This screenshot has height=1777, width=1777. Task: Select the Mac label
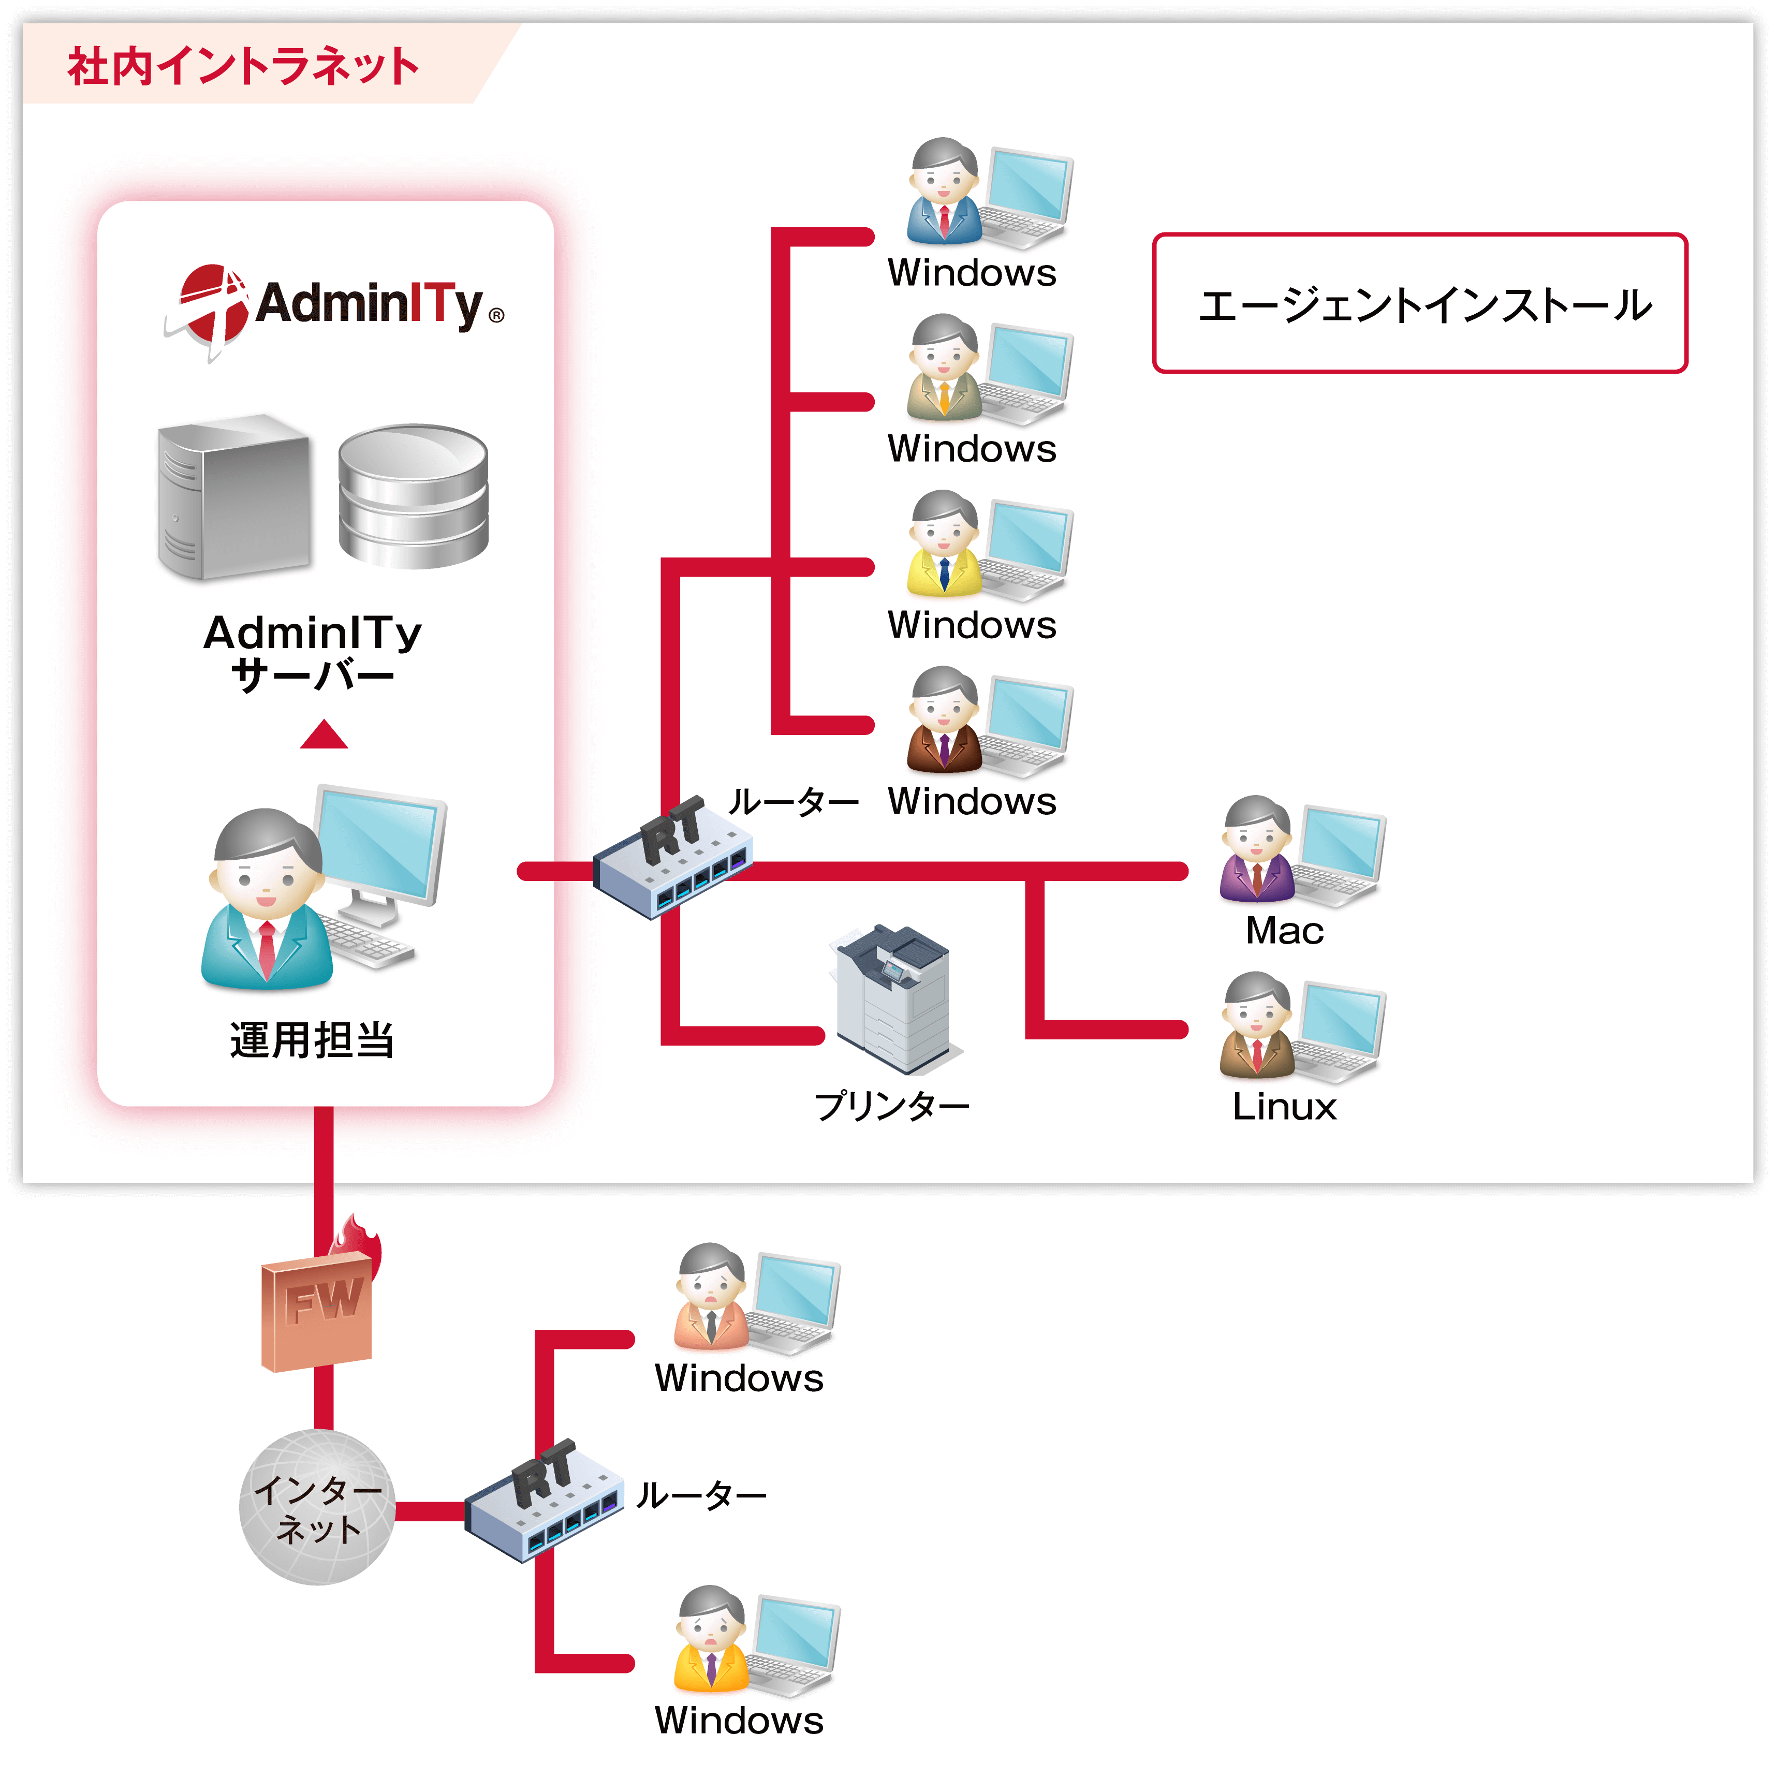click(1284, 931)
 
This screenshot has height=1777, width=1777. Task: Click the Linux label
click(1284, 1107)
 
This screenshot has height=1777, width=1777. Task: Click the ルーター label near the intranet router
click(793, 802)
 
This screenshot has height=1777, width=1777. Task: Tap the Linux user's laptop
click(1338, 1030)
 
